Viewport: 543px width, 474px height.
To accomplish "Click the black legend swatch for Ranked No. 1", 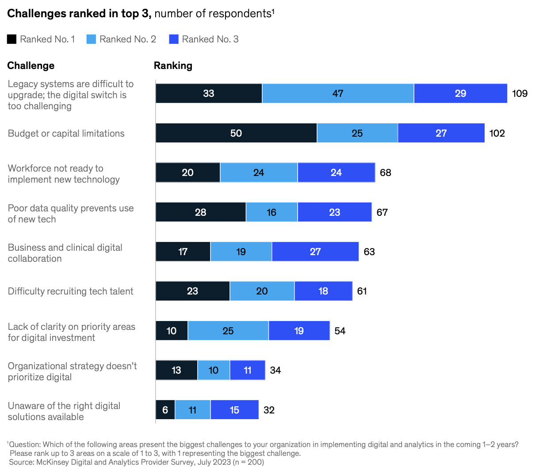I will (x=11, y=39).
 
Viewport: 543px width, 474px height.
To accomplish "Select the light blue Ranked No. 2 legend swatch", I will (x=91, y=39).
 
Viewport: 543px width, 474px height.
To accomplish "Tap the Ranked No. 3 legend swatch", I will (x=174, y=39).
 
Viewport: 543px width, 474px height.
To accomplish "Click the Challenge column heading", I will (x=31, y=65).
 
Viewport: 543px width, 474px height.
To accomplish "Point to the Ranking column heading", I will (x=173, y=65).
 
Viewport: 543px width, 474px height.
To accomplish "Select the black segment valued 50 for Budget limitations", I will (x=236, y=133).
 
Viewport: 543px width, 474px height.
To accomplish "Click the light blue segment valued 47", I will (x=338, y=93).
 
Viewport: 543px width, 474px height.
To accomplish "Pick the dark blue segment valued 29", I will (x=460, y=93).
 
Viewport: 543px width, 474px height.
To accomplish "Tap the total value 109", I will (x=520, y=93).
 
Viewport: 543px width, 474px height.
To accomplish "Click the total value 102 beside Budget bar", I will (x=497, y=133).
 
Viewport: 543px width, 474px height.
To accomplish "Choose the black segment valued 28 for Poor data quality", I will (x=201, y=212).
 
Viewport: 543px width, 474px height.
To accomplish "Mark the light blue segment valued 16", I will (x=271, y=212).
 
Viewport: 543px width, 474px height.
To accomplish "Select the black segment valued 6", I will (x=165, y=410).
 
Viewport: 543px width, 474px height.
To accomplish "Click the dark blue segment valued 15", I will (x=234, y=410).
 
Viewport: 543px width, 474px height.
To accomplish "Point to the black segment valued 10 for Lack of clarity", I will (x=172, y=331).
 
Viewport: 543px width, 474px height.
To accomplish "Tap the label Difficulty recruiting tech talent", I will (x=70, y=291).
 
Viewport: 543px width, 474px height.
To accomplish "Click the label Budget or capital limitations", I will (x=66, y=134).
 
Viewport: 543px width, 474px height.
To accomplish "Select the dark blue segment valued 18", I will (x=323, y=291).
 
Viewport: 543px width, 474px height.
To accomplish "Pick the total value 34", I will (x=275, y=370).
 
